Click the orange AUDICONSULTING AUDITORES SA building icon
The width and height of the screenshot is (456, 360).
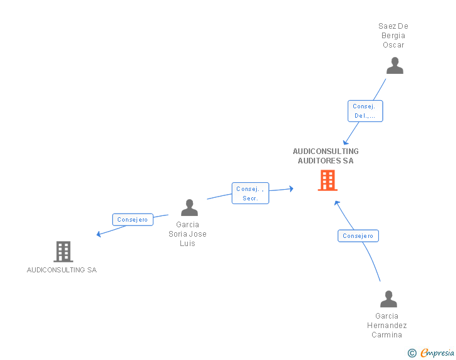click(327, 180)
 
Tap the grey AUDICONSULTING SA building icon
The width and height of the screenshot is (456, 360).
click(63, 252)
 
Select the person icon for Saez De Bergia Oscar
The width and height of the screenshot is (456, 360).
click(395, 66)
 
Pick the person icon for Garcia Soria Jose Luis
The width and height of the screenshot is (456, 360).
click(189, 208)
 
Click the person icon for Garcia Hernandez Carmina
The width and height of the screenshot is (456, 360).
click(388, 299)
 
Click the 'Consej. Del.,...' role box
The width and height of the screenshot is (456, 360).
click(365, 111)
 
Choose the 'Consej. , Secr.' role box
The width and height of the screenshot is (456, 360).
click(251, 193)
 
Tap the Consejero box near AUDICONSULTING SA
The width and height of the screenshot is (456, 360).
click(133, 220)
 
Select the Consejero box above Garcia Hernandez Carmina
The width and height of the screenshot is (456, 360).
click(358, 236)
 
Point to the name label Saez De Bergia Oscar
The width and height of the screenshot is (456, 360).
click(393, 36)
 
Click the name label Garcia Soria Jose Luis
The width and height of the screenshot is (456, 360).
click(187, 234)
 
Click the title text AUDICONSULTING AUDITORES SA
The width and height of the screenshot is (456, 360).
click(326, 156)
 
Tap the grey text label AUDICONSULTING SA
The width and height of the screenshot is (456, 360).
click(61, 270)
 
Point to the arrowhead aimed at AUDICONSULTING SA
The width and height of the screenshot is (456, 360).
click(98, 235)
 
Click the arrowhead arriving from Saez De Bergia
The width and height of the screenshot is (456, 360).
click(345, 143)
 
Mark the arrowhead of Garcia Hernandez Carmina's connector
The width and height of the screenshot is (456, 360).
click(336, 203)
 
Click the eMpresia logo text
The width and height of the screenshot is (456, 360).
click(437, 352)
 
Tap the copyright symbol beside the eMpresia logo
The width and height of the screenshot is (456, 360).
click(412, 353)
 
